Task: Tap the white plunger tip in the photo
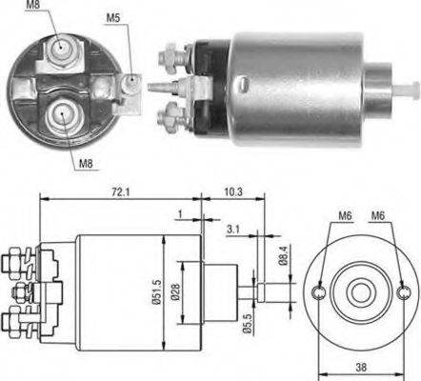pos(411,91)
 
